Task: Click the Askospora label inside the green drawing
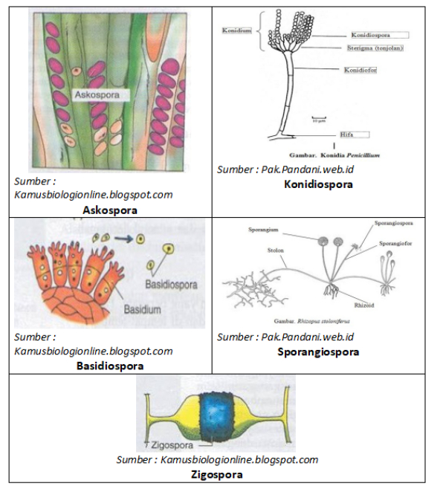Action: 101,95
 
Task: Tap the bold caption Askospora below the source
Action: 111,210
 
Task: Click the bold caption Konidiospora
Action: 318,184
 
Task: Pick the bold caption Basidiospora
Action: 111,366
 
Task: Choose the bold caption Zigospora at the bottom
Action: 217,474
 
